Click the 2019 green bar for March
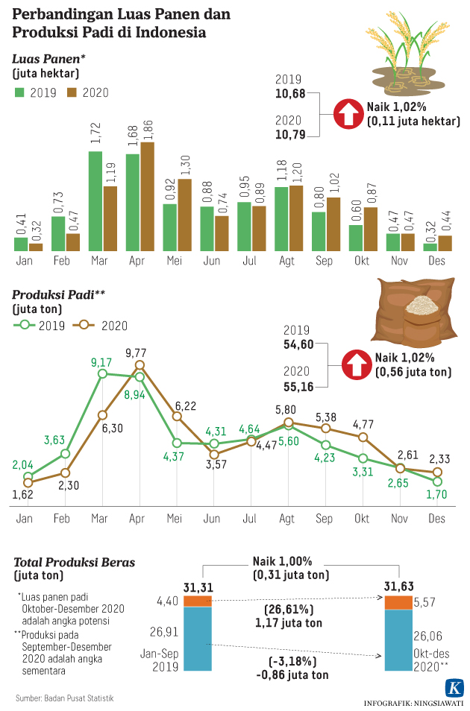95,201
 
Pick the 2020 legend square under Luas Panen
72,92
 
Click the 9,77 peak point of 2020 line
140,365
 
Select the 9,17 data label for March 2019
101,362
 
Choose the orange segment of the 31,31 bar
198,601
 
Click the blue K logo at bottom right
453,688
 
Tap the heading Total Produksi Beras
74,562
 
